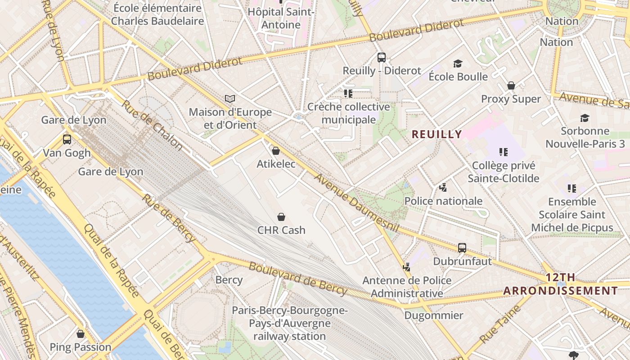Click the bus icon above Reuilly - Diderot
point(381,58)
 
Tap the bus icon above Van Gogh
point(67,139)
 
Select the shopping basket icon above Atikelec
point(276,151)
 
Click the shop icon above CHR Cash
point(281,217)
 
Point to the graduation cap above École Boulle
point(458,63)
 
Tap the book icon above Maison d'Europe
point(230,99)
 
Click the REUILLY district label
point(436,134)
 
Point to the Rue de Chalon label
point(152,125)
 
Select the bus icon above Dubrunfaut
point(462,247)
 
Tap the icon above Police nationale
point(443,187)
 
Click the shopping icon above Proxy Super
point(511,85)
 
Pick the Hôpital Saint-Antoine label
point(281,18)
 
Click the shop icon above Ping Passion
point(81,334)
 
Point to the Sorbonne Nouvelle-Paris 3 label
point(585,137)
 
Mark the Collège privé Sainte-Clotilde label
point(503,172)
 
